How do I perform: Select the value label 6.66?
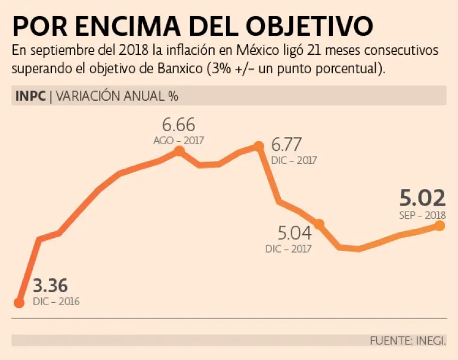pyautogui.click(x=179, y=126)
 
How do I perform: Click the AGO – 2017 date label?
pyautogui.click(x=179, y=141)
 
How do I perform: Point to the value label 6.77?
pyautogui.click(x=286, y=145)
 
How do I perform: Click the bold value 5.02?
pyautogui.click(x=423, y=198)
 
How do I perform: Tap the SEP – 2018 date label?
pyautogui.click(x=423, y=215)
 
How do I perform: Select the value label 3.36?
pyautogui.click(x=50, y=285)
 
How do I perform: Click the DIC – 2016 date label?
pyautogui.click(x=56, y=301)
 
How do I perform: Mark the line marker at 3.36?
pyautogui.click(x=19, y=303)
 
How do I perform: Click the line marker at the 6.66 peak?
pyautogui.click(x=179, y=151)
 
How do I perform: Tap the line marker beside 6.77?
pyautogui.click(x=258, y=146)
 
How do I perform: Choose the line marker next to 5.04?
pyautogui.click(x=319, y=224)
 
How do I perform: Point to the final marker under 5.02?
pyautogui.click(x=440, y=225)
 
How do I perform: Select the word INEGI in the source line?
pyautogui.click(x=429, y=341)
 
